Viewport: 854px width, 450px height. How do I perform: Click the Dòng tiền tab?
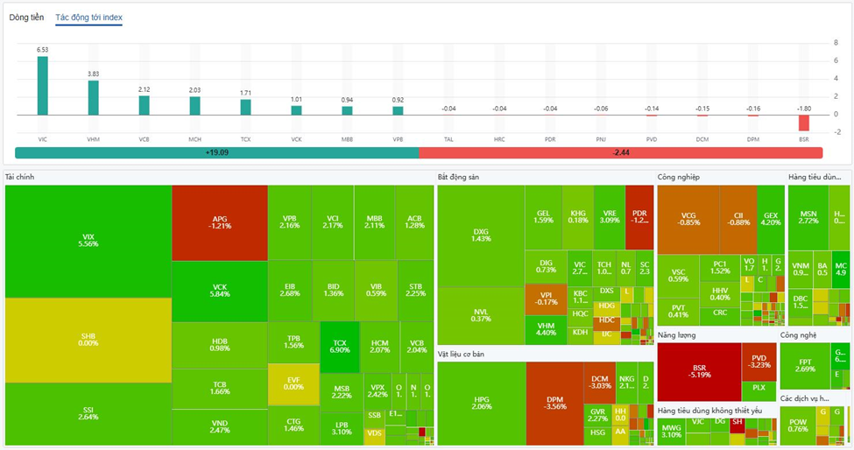(26, 18)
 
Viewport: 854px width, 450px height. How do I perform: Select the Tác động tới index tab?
(88, 18)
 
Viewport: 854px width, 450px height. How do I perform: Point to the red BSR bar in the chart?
(804, 123)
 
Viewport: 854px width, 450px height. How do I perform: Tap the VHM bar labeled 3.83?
(93, 97)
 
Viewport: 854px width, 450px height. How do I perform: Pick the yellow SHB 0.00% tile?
(88, 340)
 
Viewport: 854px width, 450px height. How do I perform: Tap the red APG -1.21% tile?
(219, 222)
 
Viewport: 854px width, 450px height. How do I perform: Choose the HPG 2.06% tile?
(481, 403)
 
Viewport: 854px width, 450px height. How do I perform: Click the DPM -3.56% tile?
(555, 403)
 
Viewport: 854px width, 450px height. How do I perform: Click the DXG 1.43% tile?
(480, 235)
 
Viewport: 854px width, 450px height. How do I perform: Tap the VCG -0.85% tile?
(688, 219)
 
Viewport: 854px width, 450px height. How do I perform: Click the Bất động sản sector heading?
(458, 177)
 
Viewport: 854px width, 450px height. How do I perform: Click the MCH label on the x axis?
(194, 138)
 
